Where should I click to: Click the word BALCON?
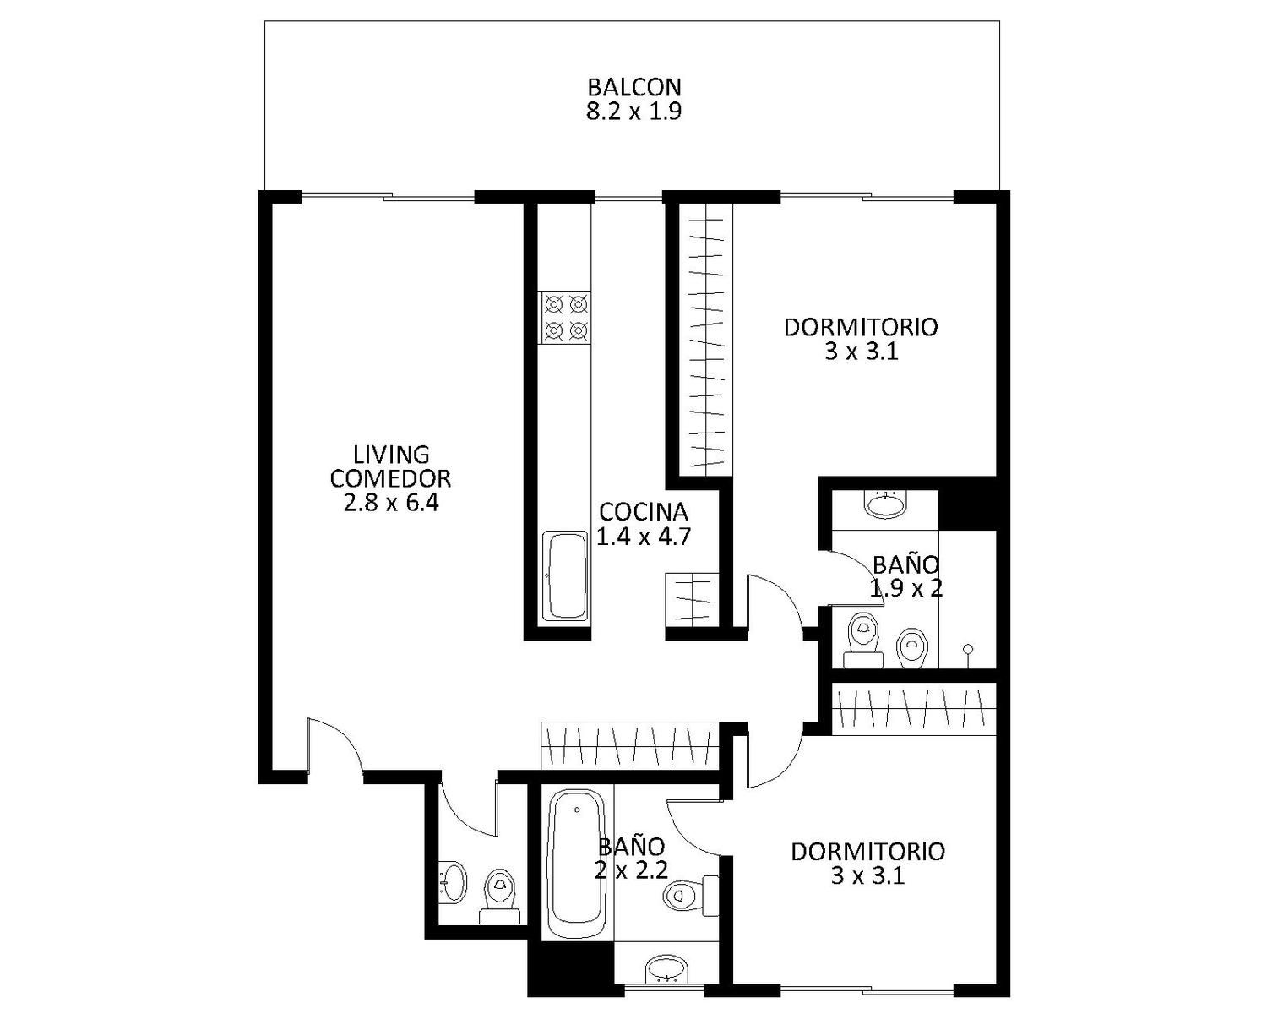(x=634, y=87)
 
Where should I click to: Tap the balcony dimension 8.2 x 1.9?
(x=634, y=112)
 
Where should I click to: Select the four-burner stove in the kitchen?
(x=564, y=318)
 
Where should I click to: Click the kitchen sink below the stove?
(x=565, y=576)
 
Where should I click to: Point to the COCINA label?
(x=644, y=512)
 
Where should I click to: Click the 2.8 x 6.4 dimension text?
(x=391, y=503)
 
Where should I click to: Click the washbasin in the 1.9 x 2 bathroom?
(x=885, y=505)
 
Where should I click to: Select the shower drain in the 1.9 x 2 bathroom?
(x=968, y=649)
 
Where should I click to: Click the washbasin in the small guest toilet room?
(x=452, y=882)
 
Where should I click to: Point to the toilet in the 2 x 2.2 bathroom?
(x=691, y=896)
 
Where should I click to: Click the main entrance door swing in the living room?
(x=334, y=743)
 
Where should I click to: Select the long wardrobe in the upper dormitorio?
(x=706, y=338)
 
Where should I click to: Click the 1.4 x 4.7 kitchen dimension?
(x=644, y=537)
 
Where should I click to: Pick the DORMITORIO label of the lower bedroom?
(x=867, y=852)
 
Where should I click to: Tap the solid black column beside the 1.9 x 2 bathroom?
(x=967, y=504)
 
